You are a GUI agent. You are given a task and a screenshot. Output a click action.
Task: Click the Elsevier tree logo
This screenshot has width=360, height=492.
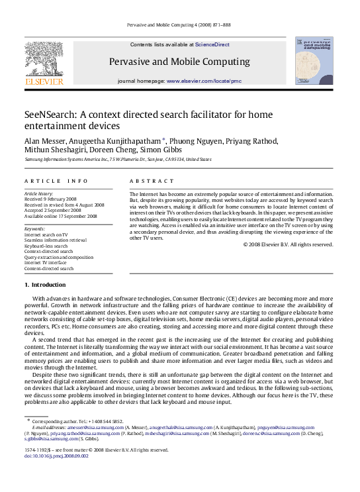pos(44,63)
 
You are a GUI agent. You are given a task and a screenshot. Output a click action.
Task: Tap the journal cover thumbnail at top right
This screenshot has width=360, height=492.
pos(314,60)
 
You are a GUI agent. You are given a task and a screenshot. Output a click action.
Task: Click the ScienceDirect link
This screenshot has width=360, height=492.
pos(212,44)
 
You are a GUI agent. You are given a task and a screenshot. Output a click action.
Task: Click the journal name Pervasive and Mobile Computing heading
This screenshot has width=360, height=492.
pos(180,62)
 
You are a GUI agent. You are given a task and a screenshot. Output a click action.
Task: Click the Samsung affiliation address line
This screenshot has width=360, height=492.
pos(118,160)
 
